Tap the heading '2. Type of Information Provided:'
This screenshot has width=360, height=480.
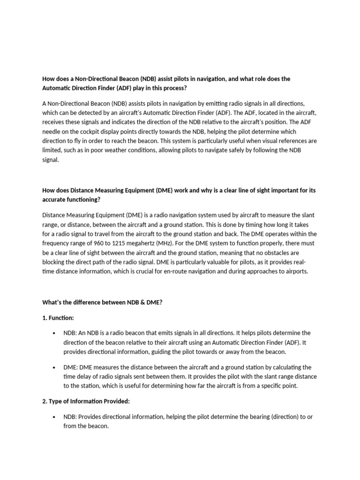click(86, 401)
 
